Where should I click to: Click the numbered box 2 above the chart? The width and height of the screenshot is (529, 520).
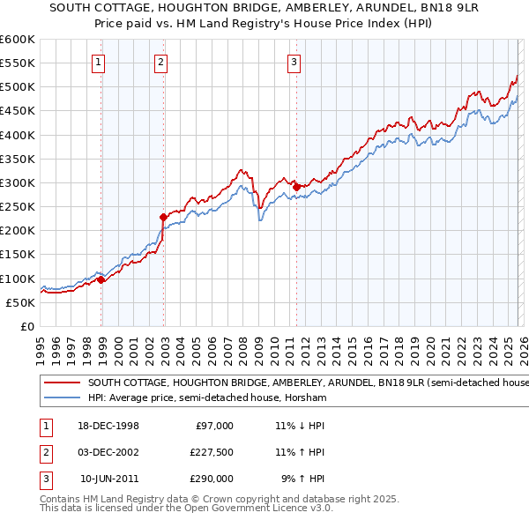[x=161, y=62]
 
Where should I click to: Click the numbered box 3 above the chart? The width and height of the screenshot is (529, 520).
[x=294, y=62]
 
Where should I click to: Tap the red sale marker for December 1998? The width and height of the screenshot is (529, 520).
[x=101, y=279]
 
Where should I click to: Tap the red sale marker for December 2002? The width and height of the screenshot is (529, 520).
[x=163, y=217]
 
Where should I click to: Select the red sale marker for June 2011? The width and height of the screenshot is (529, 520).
[x=296, y=187]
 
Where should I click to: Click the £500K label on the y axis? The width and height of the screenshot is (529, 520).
[x=18, y=87]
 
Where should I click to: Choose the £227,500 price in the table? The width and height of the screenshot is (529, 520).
[x=212, y=452]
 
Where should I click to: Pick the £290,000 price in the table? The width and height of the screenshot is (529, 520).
[x=212, y=479]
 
